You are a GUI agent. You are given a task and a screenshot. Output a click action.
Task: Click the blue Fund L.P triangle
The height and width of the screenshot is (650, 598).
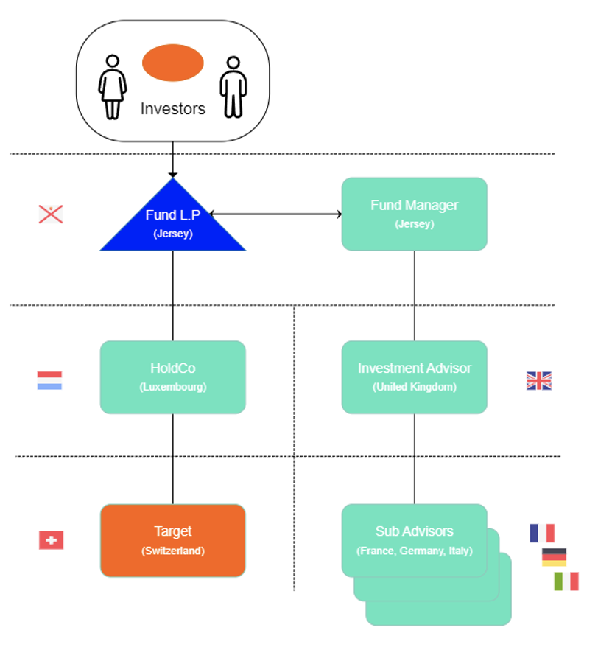point(172,225)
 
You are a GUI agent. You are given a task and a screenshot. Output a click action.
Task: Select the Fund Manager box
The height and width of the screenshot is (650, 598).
point(414,214)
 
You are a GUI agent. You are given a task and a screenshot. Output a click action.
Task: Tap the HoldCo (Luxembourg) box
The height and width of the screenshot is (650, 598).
point(172,377)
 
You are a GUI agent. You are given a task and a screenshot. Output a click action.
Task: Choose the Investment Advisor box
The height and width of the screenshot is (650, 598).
point(414,377)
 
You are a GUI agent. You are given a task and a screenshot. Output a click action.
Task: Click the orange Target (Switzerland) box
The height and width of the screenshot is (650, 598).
point(172,540)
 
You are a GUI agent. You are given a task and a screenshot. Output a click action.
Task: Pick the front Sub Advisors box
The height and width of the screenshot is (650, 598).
point(414,540)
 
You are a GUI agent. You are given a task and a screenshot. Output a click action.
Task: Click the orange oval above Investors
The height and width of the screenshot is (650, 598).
point(172,63)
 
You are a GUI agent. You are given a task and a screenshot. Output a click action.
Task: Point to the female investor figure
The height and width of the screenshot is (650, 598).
point(112,86)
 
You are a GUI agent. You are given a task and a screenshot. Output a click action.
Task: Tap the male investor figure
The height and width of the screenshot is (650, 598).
point(233,86)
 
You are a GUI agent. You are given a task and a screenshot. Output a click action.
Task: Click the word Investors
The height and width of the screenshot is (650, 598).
point(172,109)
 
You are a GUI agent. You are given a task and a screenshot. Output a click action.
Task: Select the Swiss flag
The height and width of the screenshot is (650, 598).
point(51,540)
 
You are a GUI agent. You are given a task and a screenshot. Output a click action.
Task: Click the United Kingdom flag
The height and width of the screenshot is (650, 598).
point(538,380)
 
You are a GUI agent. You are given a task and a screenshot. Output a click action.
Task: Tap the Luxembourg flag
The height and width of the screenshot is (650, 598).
point(49,380)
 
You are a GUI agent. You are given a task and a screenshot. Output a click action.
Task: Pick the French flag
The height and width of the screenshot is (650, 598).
point(541,533)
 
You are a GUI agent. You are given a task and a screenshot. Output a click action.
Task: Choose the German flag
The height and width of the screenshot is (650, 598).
point(554,557)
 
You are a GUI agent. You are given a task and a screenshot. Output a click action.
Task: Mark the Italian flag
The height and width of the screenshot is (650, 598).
point(566,581)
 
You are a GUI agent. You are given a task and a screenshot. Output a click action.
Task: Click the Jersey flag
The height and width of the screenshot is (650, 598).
point(50,214)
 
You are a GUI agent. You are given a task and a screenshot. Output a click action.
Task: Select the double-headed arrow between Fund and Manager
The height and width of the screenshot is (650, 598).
point(275,214)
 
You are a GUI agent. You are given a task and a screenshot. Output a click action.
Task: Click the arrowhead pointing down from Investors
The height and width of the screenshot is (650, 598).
point(172,173)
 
